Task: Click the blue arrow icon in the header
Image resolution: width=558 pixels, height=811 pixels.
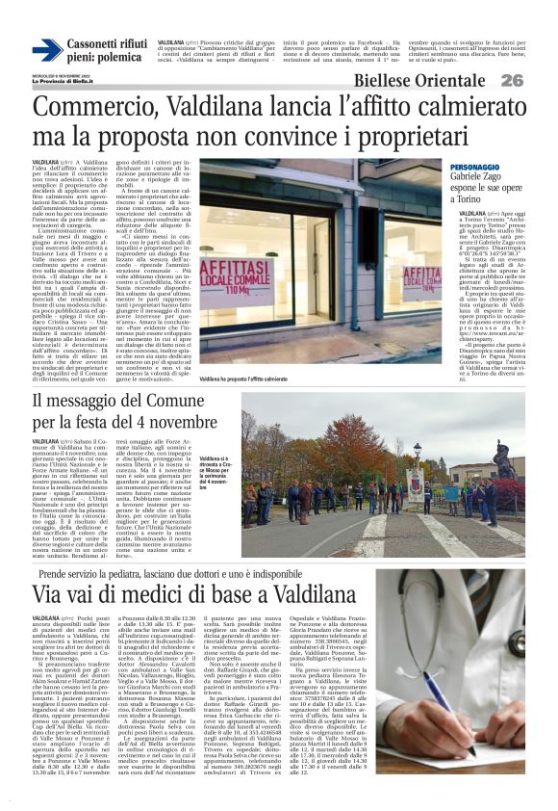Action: [x=46, y=50]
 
